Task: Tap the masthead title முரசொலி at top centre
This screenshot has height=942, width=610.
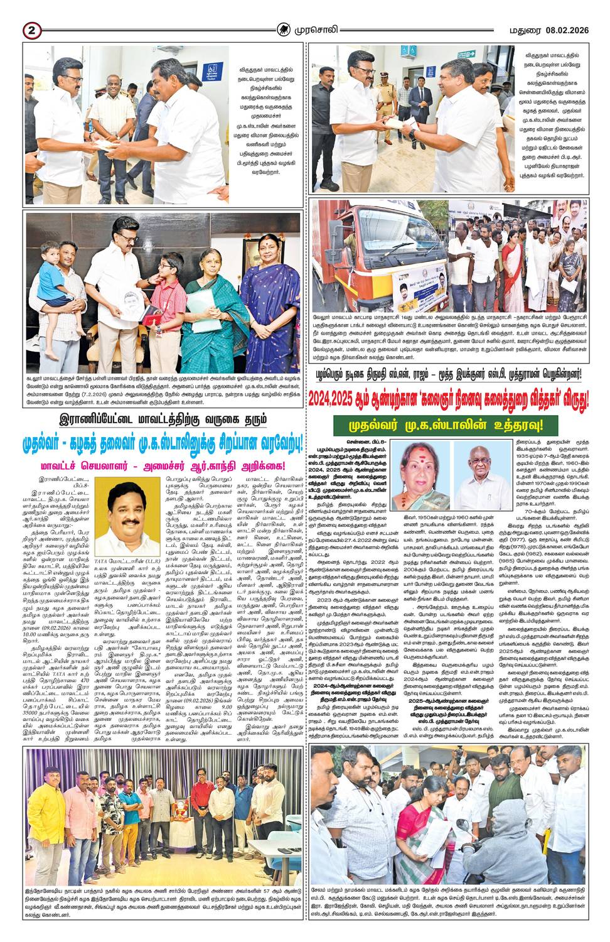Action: pos(321,30)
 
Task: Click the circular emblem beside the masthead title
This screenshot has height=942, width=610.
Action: pos(286,30)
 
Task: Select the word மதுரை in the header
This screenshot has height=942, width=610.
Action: pos(522,30)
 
